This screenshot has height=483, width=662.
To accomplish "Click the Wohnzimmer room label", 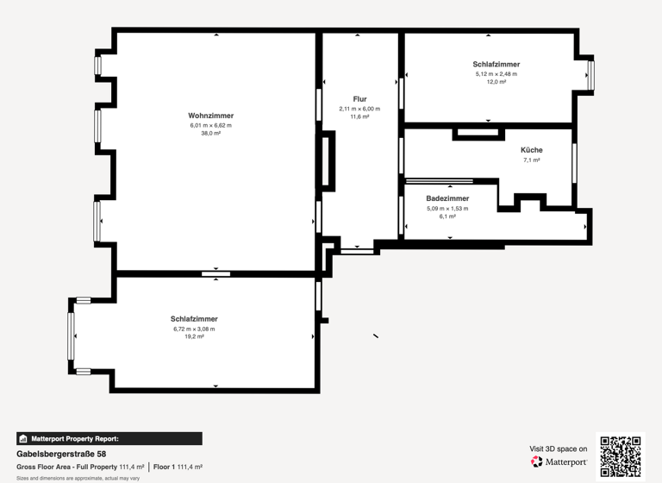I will (x=211, y=116).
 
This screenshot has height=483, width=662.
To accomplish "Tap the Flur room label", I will (x=359, y=99).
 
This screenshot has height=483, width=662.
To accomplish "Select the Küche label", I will (x=532, y=150).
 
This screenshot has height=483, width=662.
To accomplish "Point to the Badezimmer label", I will (x=447, y=198).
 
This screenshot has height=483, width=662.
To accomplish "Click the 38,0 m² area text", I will (x=211, y=134).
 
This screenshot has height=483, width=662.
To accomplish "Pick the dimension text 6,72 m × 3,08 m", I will (x=194, y=329).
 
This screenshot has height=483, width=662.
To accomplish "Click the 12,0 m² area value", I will (x=496, y=82).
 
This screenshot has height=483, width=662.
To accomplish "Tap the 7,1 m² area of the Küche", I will (x=532, y=160).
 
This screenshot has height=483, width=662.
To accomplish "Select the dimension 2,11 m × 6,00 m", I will (x=359, y=109).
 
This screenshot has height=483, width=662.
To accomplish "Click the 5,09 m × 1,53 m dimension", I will (x=447, y=208).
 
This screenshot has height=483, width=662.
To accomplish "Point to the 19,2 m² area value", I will (x=194, y=337).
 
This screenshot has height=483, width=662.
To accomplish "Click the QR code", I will (x=621, y=456).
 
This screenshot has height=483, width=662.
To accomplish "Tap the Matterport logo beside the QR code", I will (x=559, y=462).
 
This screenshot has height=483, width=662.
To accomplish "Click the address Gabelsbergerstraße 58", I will (x=61, y=454).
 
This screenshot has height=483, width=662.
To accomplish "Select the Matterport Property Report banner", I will (x=109, y=438).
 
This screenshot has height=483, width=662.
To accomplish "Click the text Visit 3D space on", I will (x=559, y=448).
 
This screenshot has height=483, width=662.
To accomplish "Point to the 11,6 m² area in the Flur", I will (x=359, y=117).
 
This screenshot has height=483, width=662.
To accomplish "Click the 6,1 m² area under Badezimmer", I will (x=447, y=216).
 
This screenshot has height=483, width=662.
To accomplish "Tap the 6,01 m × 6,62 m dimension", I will (x=211, y=125).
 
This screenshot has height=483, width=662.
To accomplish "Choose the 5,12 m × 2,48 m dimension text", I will (x=496, y=73).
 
